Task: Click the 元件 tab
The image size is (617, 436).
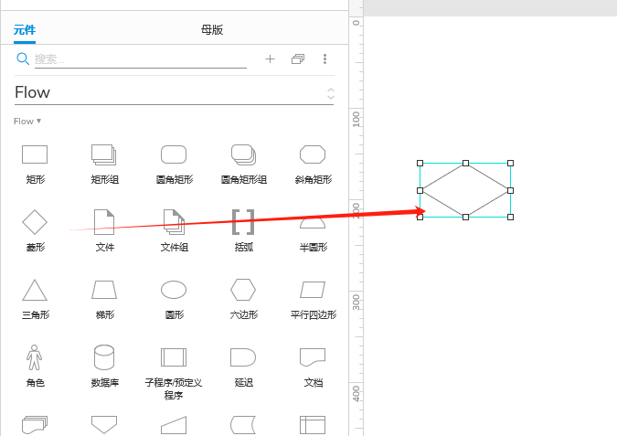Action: coord(25,30)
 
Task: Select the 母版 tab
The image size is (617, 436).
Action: coord(211,30)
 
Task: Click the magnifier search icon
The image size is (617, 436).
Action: coord(23,58)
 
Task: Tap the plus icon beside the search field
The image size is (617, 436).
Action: coord(270,58)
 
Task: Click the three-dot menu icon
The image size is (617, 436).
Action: coord(324,58)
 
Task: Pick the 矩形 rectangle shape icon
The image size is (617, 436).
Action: coord(35,154)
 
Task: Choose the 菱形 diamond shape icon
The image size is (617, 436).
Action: coord(35,221)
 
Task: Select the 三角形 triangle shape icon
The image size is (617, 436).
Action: coord(35,290)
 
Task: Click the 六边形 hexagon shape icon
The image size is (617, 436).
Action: coord(243,290)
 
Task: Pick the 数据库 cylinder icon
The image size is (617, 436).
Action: coord(104,356)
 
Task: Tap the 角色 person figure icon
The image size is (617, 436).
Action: coord(35,356)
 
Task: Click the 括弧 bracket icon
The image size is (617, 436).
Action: coord(243,221)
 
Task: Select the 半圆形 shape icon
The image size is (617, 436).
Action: coord(313,222)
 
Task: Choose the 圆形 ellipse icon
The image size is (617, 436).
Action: coord(174,290)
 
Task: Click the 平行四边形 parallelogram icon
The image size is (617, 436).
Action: coord(313,290)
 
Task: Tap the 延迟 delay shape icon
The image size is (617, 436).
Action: coord(243,356)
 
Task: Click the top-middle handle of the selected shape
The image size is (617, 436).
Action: coord(465,164)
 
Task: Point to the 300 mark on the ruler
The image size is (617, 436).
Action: coord(356,298)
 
